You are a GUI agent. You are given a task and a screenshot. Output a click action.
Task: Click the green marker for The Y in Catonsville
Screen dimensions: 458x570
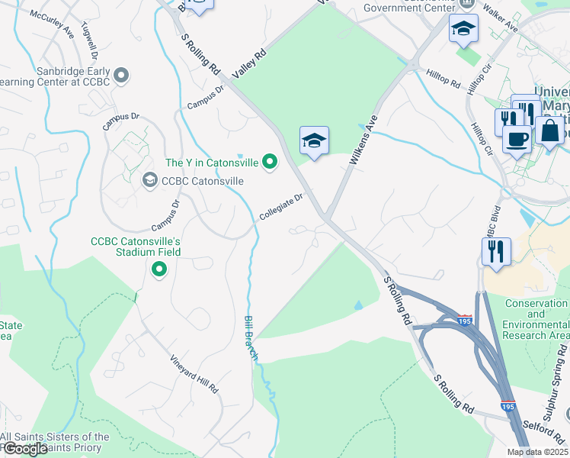tap(269, 162)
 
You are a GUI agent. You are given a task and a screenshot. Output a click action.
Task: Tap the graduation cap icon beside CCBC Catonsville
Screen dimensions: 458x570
tap(149, 181)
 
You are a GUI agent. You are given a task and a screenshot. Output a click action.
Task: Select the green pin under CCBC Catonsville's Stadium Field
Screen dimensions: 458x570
tap(159, 269)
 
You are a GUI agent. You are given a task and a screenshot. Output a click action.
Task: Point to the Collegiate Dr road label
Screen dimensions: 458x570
tap(281, 205)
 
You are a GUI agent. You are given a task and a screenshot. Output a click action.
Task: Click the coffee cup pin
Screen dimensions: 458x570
tap(517, 140)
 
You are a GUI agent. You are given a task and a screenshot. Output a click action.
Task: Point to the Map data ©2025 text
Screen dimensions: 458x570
tap(538, 452)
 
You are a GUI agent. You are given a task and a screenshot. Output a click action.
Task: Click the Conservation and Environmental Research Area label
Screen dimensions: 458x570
tap(536, 319)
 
